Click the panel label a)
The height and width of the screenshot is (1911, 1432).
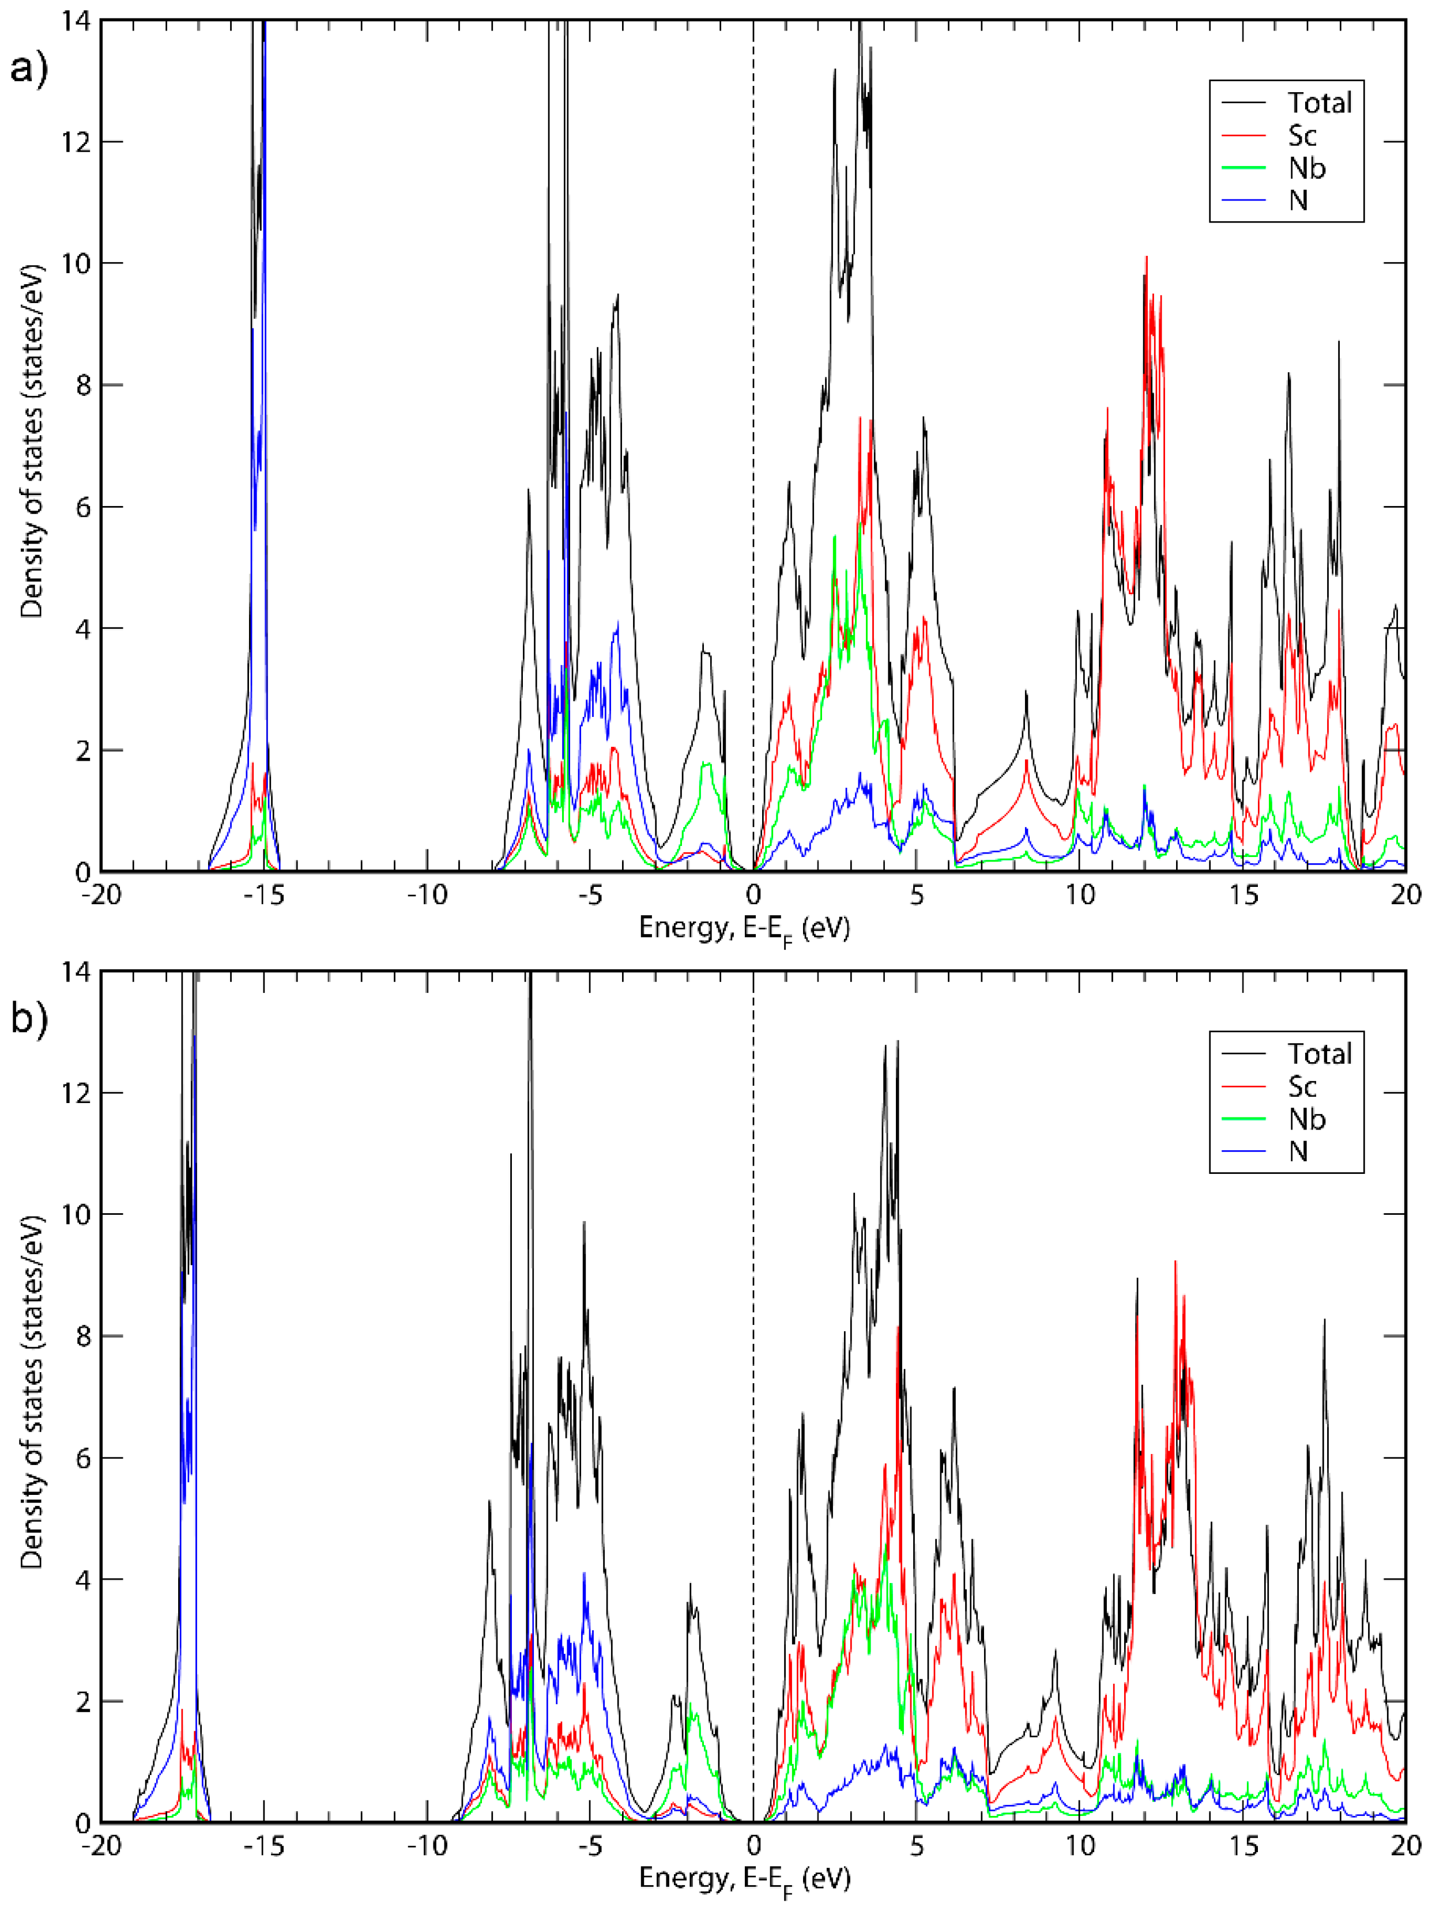[28, 67]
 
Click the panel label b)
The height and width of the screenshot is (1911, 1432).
[28, 1018]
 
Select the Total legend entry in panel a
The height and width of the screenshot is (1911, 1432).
[1320, 103]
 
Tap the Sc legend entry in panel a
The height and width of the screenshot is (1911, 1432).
[1302, 135]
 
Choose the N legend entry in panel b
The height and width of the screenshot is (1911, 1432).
[1298, 1151]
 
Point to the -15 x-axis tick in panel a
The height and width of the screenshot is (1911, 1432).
[263, 895]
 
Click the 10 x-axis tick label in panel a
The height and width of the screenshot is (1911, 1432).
[1079, 895]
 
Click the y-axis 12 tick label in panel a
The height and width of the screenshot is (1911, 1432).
[76, 142]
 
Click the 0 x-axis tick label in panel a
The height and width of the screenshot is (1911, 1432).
[753, 895]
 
